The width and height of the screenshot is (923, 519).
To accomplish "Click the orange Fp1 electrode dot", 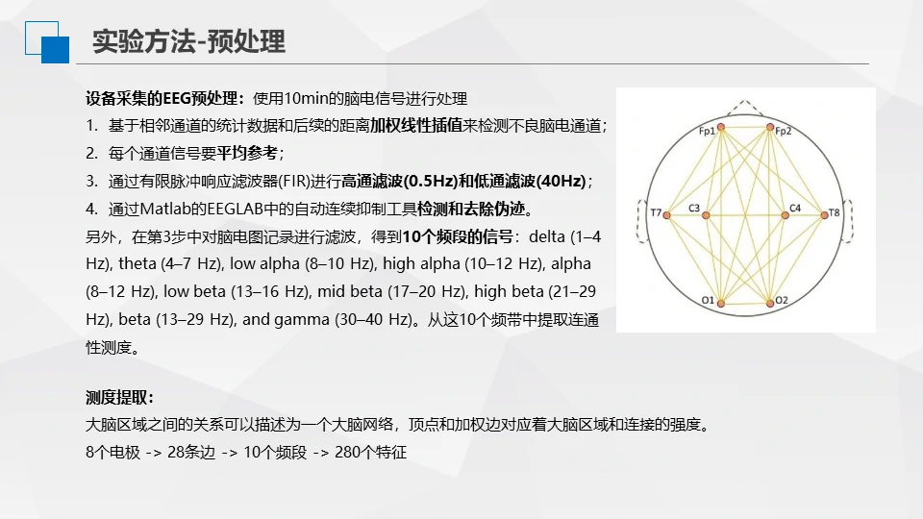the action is click(721, 127).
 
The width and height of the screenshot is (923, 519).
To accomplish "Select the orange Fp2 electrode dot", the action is click(770, 127).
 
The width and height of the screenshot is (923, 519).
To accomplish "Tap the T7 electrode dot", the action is click(667, 215).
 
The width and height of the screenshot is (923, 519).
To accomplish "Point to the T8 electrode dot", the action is click(824, 215).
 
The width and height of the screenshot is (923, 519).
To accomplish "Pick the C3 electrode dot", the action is click(706, 215).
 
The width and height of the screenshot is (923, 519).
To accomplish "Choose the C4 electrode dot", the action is click(786, 215).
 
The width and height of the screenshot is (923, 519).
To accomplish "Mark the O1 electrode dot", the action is click(721, 303).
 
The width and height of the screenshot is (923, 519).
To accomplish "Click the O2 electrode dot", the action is click(770, 303).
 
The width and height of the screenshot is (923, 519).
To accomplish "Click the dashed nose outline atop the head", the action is click(744, 101).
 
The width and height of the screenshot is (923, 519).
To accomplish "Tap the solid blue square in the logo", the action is click(56, 49).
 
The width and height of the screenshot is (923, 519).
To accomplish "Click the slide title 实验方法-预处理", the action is click(189, 41).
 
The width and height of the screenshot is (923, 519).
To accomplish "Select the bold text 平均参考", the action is click(247, 153).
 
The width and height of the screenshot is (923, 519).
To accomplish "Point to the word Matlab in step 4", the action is click(161, 209).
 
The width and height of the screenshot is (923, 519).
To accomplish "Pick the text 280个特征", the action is click(371, 452).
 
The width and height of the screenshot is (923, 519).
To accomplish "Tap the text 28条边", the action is click(191, 452).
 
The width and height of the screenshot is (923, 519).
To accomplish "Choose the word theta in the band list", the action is click(137, 263).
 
